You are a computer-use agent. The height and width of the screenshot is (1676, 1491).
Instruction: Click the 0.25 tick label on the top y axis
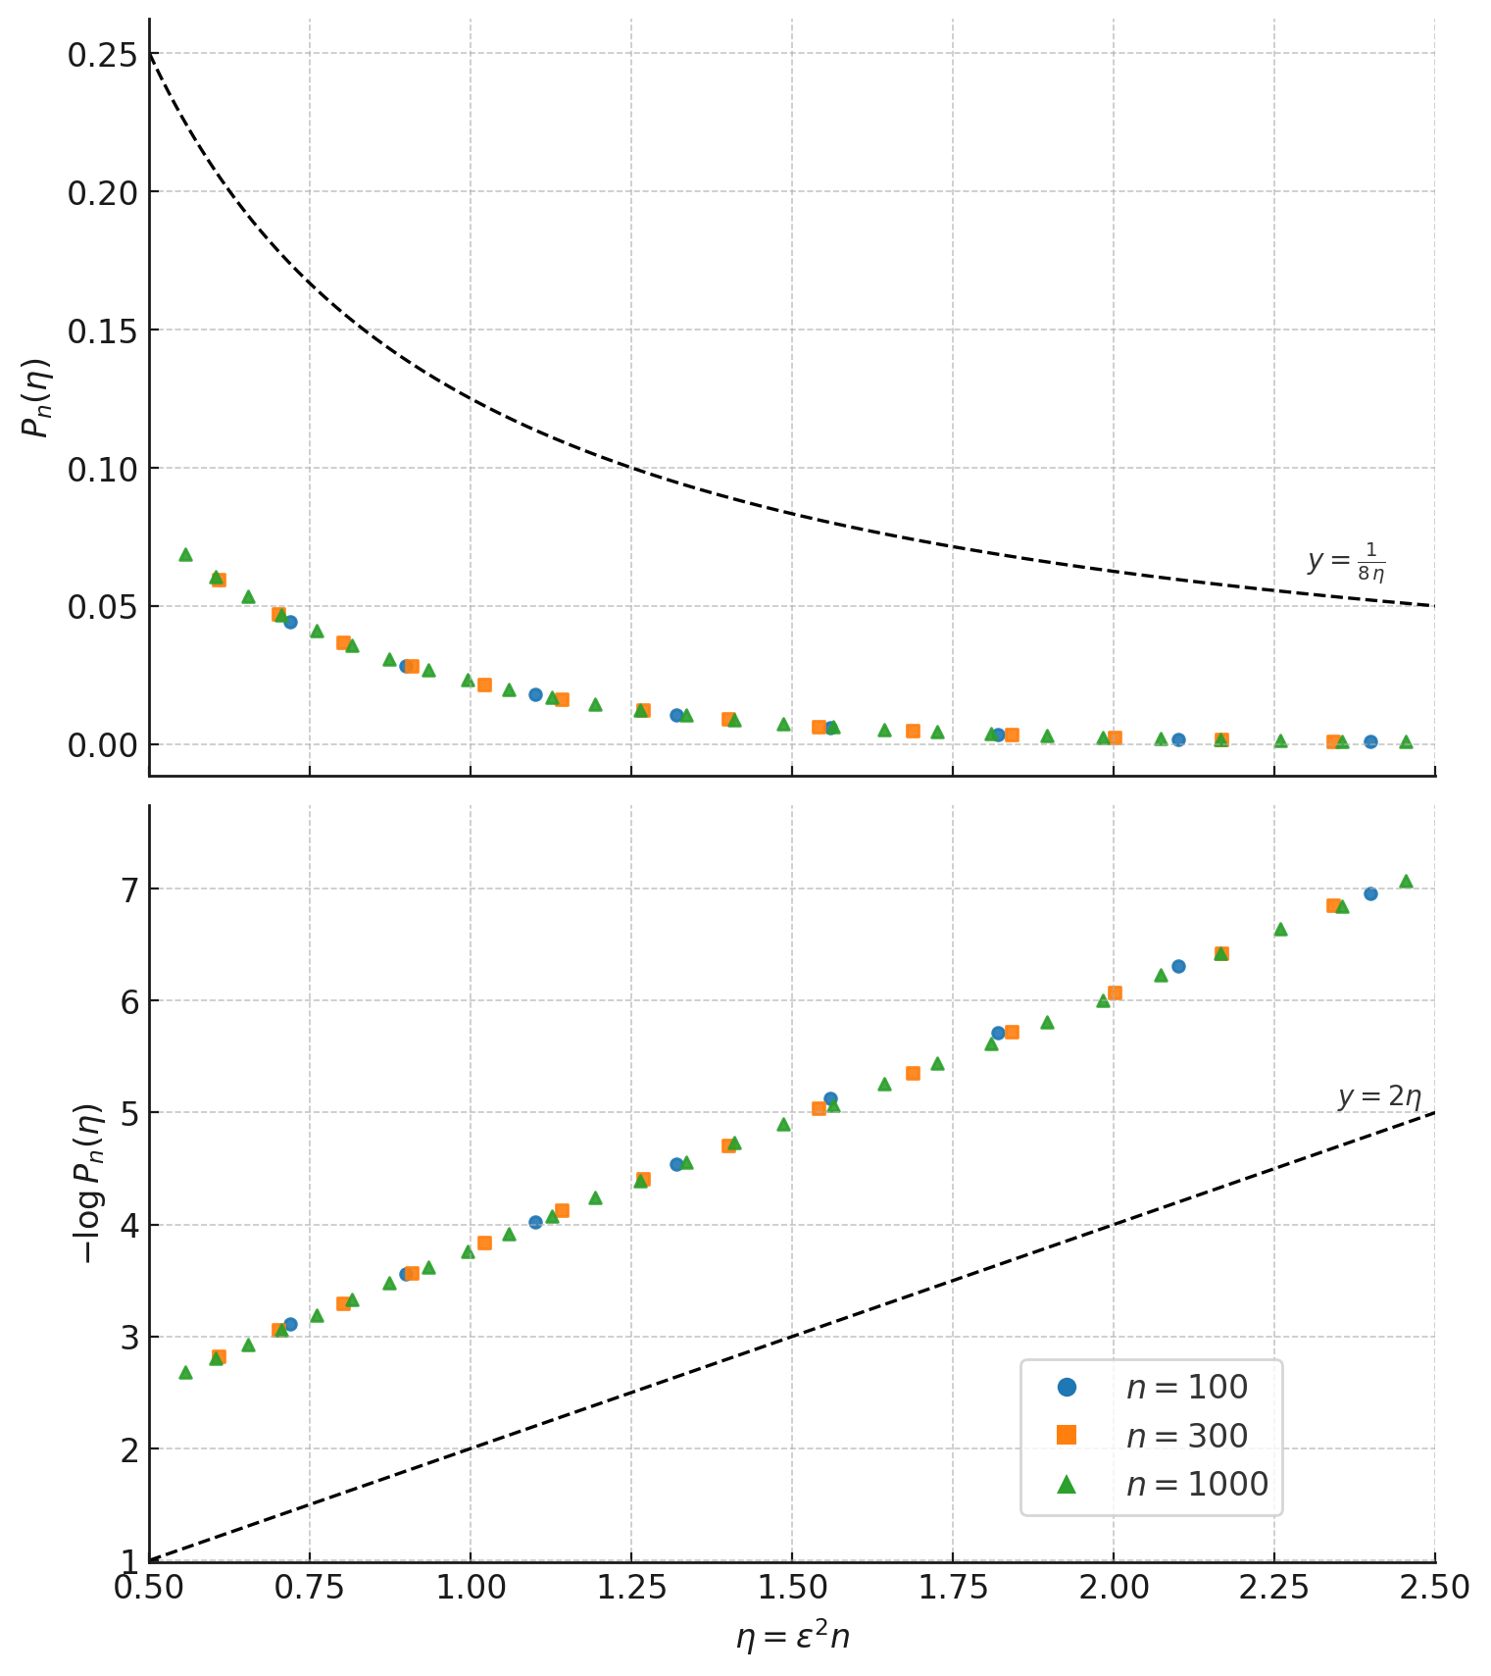point(100,54)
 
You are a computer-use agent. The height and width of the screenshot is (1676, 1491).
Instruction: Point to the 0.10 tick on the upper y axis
point(100,469)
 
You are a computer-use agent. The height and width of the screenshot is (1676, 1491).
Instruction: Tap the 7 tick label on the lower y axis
point(128,889)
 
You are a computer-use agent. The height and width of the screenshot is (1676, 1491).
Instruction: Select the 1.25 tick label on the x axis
point(630,1587)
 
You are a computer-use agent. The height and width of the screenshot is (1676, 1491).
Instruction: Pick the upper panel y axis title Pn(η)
point(37,397)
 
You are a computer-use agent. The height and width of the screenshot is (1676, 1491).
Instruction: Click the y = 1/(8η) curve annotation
point(1346,562)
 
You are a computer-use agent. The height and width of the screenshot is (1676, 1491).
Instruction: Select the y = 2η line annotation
point(1379,1096)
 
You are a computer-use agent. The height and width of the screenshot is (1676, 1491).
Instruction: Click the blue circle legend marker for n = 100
point(1067,1388)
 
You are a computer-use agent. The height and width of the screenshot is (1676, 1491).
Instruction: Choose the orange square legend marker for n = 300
point(1067,1436)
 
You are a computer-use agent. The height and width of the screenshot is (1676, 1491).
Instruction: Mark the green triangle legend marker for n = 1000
point(1067,1484)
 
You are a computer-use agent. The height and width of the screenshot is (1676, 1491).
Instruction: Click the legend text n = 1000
point(1197,1484)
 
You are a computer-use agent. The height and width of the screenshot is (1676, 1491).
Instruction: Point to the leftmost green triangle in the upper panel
point(185,555)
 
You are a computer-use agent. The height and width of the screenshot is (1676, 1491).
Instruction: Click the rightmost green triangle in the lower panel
point(1406,882)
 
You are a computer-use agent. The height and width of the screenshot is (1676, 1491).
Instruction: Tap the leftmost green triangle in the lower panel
point(185,1373)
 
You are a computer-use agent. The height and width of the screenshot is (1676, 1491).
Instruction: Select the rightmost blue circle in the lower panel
point(1370,893)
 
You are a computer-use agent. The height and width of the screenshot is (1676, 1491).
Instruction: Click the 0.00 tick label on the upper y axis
point(100,745)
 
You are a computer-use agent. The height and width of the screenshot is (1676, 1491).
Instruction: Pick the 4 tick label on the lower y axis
point(128,1226)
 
